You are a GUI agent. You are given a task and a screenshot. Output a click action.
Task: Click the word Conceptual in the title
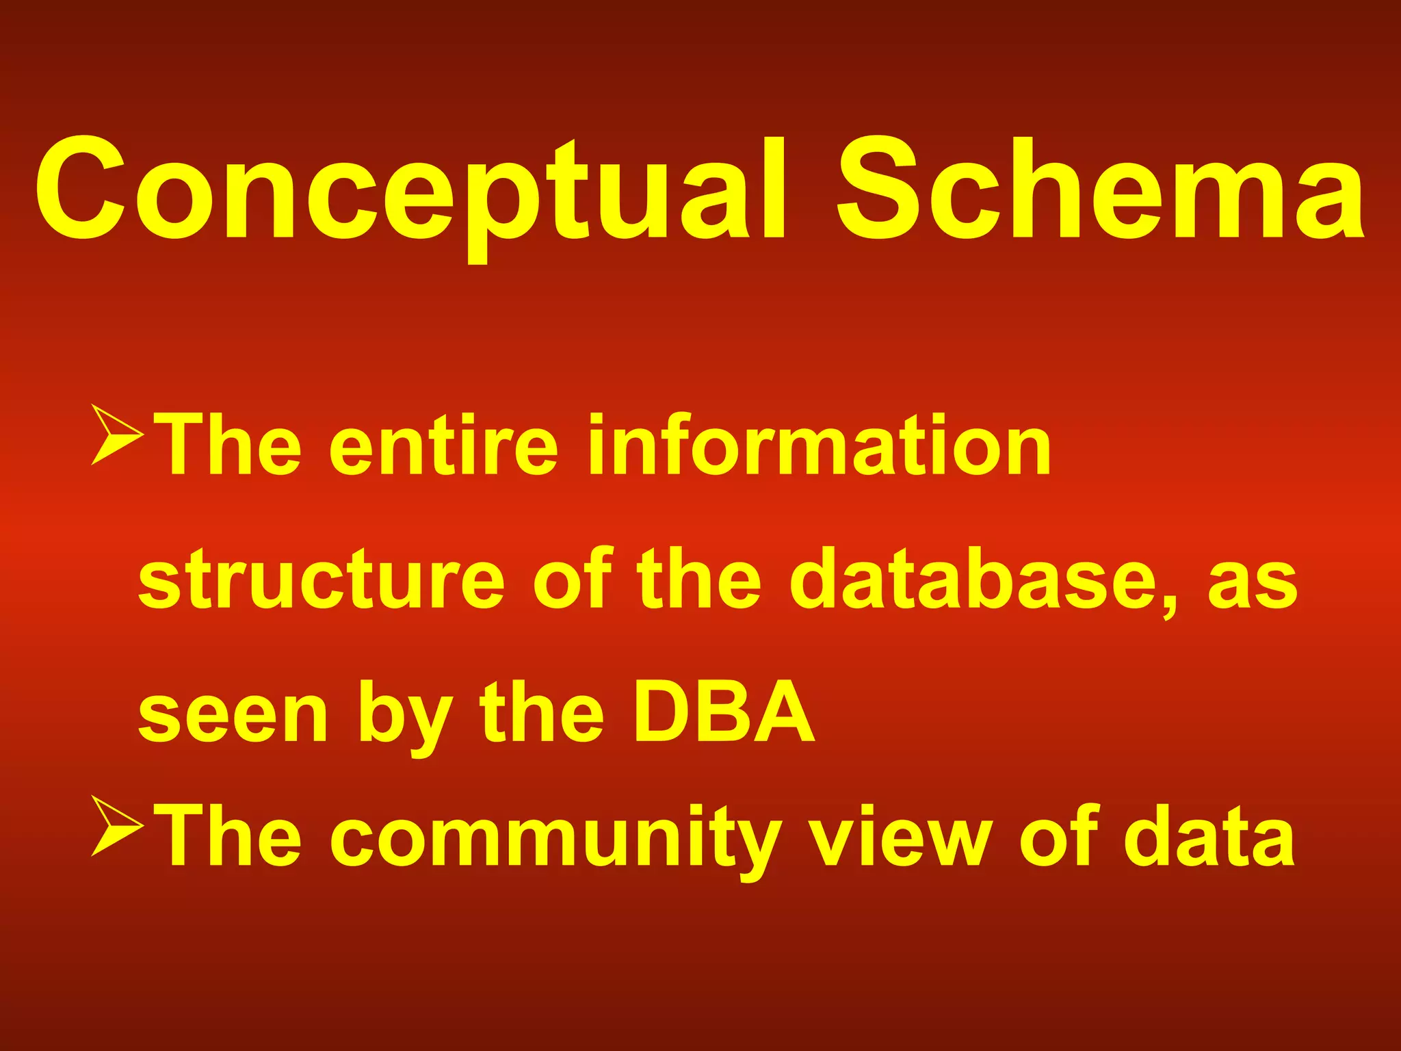pos(410,192)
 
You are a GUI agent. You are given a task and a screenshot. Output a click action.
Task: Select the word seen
pos(233,715)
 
